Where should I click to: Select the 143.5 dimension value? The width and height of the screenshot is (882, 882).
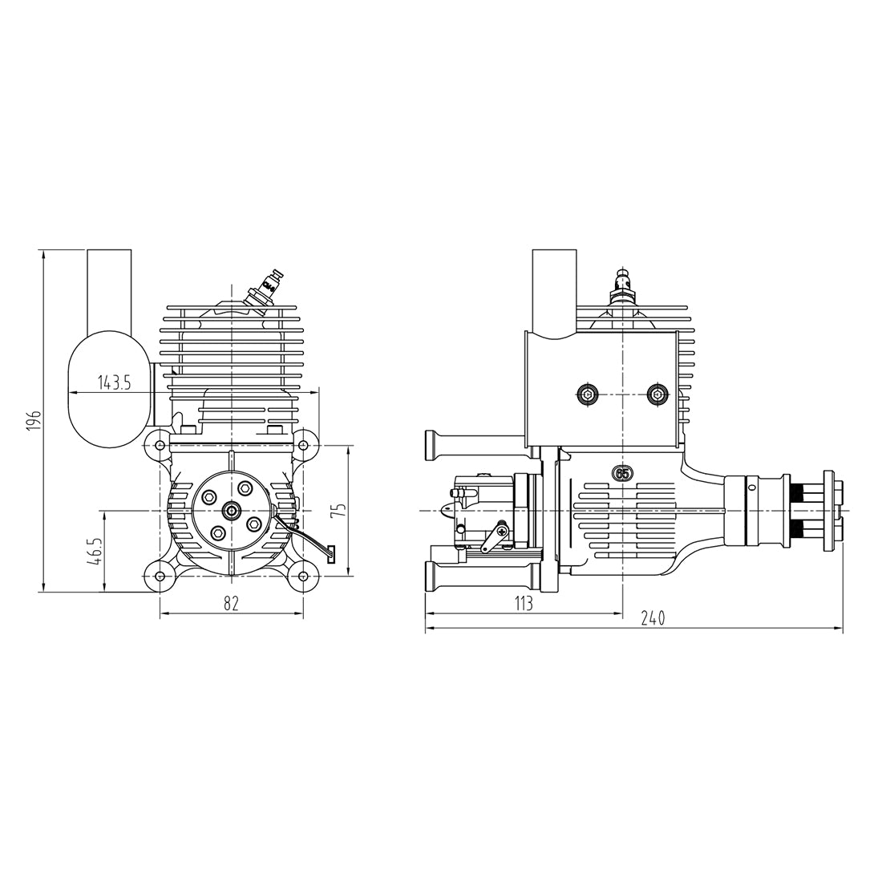pyautogui.click(x=114, y=382)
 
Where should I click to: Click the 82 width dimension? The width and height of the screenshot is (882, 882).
pyautogui.click(x=231, y=604)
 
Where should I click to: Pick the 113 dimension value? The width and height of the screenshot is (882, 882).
pyautogui.click(x=522, y=604)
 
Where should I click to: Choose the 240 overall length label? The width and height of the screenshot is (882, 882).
pyautogui.click(x=653, y=618)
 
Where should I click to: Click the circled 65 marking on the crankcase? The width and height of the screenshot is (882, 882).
pyautogui.click(x=621, y=473)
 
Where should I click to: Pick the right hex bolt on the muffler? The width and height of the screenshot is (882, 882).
pyautogui.click(x=658, y=394)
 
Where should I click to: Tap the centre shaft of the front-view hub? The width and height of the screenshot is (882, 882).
pyautogui.click(x=232, y=510)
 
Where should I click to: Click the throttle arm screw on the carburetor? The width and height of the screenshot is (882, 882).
pyautogui.click(x=502, y=529)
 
